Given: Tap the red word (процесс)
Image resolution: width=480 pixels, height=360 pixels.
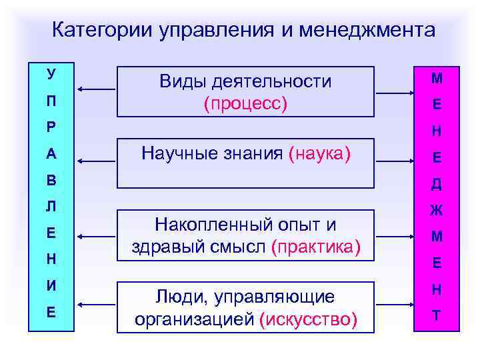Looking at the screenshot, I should (x=245, y=104).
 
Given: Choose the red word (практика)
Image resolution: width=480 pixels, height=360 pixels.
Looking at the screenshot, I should (x=316, y=247).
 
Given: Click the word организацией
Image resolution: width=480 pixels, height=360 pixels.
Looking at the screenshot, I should (x=193, y=320).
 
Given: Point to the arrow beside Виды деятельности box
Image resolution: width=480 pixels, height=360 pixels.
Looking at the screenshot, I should (x=97, y=89).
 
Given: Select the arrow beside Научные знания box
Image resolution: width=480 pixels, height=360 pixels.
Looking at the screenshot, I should (x=97, y=161).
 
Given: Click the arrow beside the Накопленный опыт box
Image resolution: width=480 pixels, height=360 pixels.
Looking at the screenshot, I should (x=97, y=234).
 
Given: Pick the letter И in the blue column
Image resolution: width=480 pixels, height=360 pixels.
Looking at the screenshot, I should (x=51, y=285).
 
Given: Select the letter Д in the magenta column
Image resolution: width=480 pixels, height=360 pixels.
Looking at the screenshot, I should (x=436, y=185).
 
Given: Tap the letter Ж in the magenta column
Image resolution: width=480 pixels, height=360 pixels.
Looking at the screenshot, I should (x=436, y=211).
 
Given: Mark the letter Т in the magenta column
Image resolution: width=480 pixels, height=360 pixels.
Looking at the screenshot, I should (x=436, y=315).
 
